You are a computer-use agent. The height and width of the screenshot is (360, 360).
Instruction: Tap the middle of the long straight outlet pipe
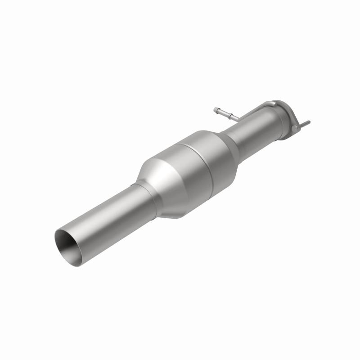tap(103, 211)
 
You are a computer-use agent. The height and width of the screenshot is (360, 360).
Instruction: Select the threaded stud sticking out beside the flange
tap(305, 123)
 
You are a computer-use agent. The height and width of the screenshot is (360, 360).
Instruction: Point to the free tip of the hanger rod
tap(216, 109)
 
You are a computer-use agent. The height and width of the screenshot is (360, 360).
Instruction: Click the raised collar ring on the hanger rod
tap(229, 115)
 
